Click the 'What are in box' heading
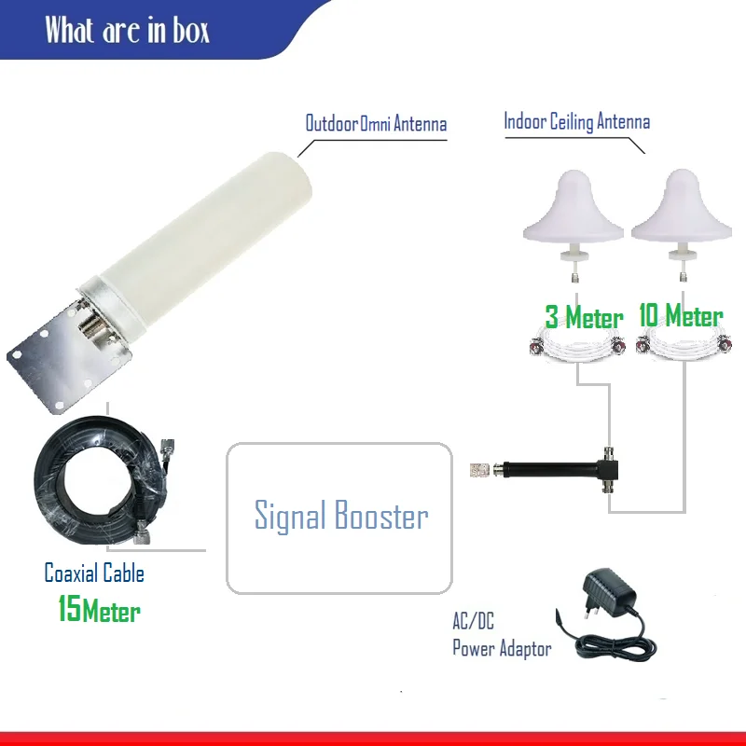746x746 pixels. tap(127, 31)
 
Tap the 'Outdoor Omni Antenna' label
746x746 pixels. tap(376, 123)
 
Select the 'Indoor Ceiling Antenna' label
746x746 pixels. tap(576, 121)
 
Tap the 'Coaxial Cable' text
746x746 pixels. tap(94, 572)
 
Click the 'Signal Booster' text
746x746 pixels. tap(341, 516)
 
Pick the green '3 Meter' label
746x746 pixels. tap(584, 318)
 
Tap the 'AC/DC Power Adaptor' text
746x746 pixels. tap(501, 637)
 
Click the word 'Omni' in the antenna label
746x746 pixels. tap(376, 123)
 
